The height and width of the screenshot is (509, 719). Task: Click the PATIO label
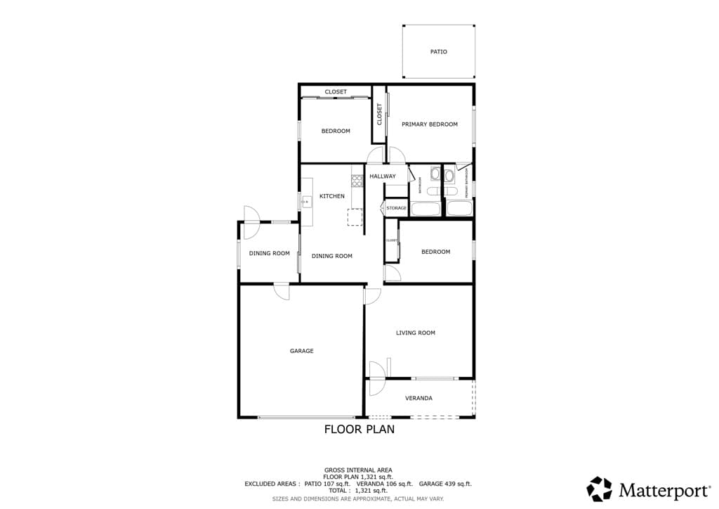pos(438,51)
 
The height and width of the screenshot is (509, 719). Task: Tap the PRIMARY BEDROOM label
pos(429,124)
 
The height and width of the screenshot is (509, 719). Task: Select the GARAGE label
pos(302,351)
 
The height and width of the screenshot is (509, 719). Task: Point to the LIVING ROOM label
pos(416,333)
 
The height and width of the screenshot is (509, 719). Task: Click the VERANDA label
pos(418,398)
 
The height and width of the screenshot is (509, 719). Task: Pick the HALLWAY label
pos(383,176)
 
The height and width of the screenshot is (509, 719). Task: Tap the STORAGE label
pos(396,208)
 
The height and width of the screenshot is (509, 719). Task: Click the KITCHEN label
pos(332,196)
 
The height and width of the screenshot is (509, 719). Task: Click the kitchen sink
pos(306,202)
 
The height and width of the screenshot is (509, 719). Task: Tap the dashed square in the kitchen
pos(355,217)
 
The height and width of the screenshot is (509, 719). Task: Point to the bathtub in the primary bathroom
pos(460,209)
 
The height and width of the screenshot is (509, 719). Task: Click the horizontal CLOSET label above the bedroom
pos(336,92)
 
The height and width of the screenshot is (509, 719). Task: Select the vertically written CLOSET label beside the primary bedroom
pos(380,115)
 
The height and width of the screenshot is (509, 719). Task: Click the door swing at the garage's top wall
pos(282,291)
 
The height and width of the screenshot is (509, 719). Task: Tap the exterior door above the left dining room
pos(251,214)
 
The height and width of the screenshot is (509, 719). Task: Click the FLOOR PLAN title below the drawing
pos(359,429)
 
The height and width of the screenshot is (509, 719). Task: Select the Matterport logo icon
pos(599,489)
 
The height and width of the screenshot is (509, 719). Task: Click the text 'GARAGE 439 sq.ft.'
pos(445,484)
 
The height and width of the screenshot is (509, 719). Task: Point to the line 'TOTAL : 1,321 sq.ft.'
pos(358,491)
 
